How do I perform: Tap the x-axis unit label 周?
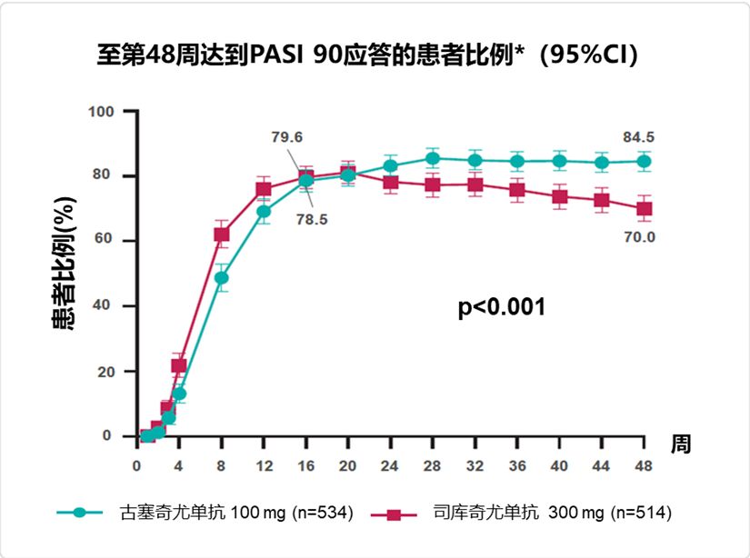[x=681, y=444]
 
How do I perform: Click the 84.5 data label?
[x=638, y=137]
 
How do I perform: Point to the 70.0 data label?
[x=638, y=237]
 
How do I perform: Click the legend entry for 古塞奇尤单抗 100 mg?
[x=205, y=513]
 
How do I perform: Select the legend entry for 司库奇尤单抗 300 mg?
[x=522, y=513]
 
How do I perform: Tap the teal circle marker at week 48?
[x=644, y=161]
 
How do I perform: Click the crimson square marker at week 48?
[x=644, y=208]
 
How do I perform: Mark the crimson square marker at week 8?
[x=221, y=234]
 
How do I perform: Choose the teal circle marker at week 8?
[x=221, y=277]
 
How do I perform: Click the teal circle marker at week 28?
[x=433, y=158]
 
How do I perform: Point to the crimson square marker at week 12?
[x=264, y=190]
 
